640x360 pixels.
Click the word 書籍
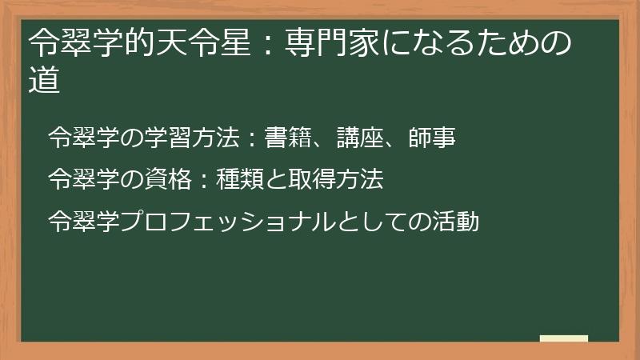coord(284,138)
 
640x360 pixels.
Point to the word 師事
coord(437,138)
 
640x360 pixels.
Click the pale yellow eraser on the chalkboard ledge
coord(564,338)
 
